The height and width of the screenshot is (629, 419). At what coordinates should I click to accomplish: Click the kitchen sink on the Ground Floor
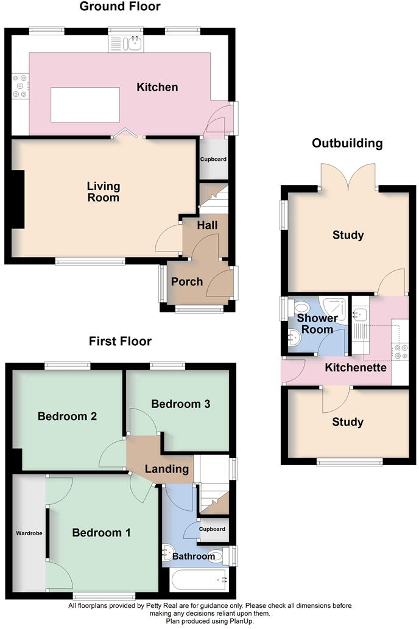[x=126, y=43]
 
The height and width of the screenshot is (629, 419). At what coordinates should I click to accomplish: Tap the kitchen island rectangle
[x=85, y=104]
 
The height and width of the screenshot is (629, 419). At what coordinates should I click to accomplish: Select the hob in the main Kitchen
[x=19, y=86]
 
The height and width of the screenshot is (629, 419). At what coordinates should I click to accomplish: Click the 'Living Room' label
[x=103, y=192]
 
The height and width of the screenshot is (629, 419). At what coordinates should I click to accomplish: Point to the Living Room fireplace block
[x=18, y=199]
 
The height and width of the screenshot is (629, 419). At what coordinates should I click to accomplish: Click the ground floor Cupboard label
[x=214, y=160]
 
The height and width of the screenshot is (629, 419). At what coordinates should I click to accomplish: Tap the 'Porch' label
[x=187, y=281]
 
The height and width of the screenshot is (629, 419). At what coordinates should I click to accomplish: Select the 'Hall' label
[x=207, y=225]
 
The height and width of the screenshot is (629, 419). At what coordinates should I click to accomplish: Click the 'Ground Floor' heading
[x=121, y=7]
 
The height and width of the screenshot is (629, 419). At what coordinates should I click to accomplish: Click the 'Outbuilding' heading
[x=347, y=144]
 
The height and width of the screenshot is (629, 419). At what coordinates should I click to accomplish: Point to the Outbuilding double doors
[x=348, y=177]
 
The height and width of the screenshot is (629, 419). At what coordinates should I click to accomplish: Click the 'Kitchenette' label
[x=356, y=368]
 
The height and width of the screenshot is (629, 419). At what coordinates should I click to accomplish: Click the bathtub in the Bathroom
[x=200, y=580]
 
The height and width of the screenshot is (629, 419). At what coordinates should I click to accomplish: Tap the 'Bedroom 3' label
[x=181, y=404]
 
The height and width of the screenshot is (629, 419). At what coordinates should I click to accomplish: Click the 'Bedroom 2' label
[x=68, y=416]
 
